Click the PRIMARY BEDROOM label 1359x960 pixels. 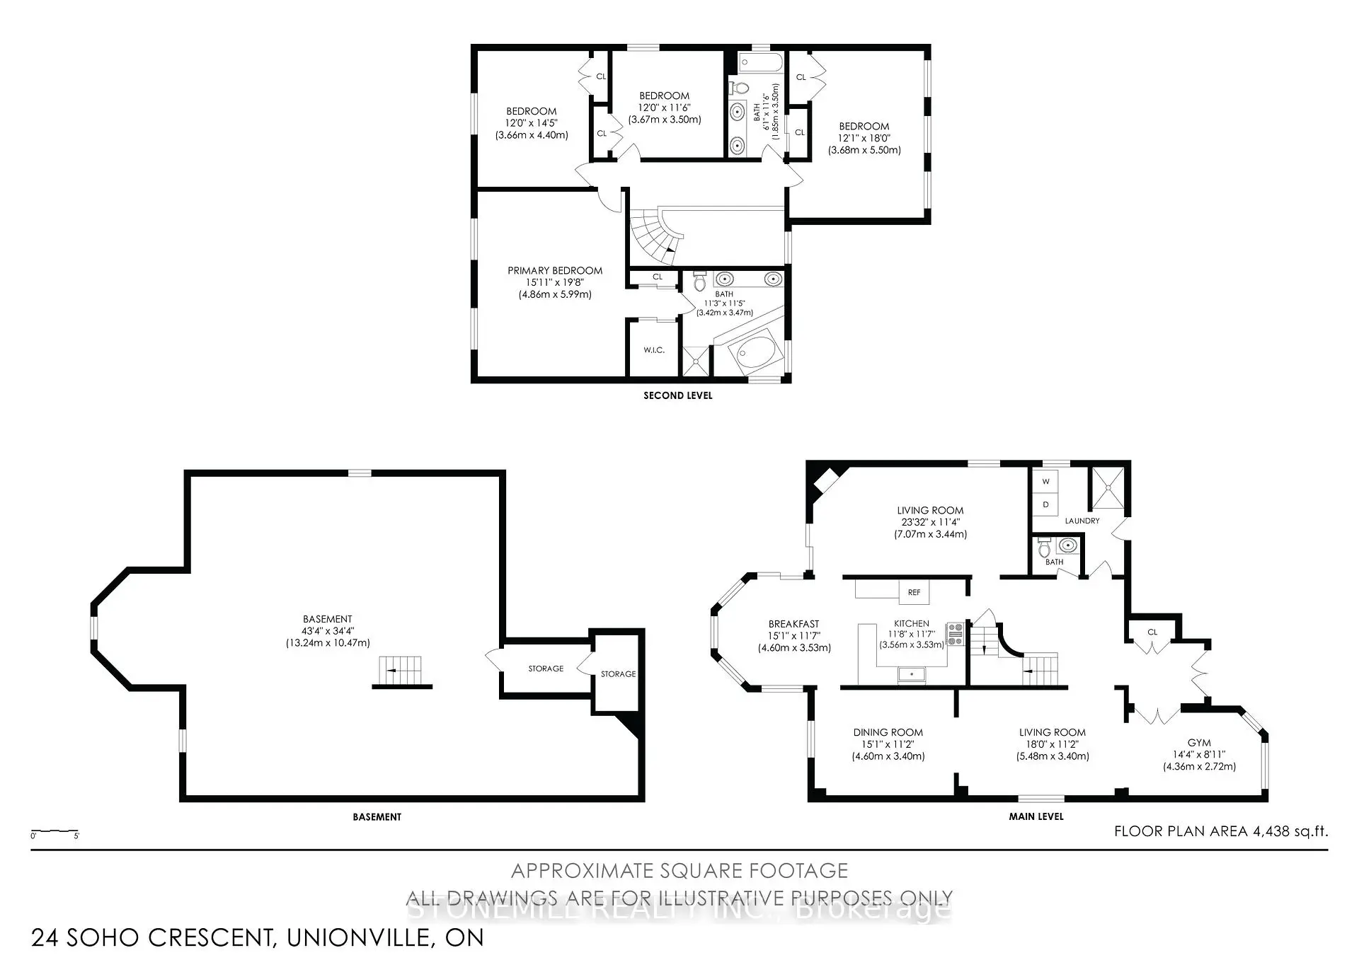pyautogui.click(x=555, y=271)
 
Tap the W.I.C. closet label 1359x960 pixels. pyautogui.click(x=653, y=350)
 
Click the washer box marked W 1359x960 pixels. pyautogui.click(x=1045, y=482)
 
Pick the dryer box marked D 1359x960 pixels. pyautogui.click(x=1045, y=505)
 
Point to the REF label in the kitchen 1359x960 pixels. pyautogui.click(x=914, y=592)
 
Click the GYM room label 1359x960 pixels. pyautogui.click(x=1199, y=743)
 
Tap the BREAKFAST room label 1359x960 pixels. pyautogui.click(x=793, y=624)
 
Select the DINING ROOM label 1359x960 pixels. pyautogui.click(x=888, y=733)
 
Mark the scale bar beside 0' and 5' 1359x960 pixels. pyautogui.click(x=55, y=831)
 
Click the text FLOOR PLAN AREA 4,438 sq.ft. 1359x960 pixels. pyautogui.click(x=1220, y=831)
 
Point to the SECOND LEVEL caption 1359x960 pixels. pyautogui.click(x=677, y=395)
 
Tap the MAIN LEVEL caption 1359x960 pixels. pyautogui.click(x=1036, y=816)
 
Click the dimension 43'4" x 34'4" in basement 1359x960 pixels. pyautogui.click(x=327, y=631)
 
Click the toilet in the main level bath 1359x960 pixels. pyautogui.click(x=1044, y=548)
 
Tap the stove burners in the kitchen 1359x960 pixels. pyautogui.click(x=955, y=633)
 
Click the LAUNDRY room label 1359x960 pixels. pyautogui.click(x=1082, y=521)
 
